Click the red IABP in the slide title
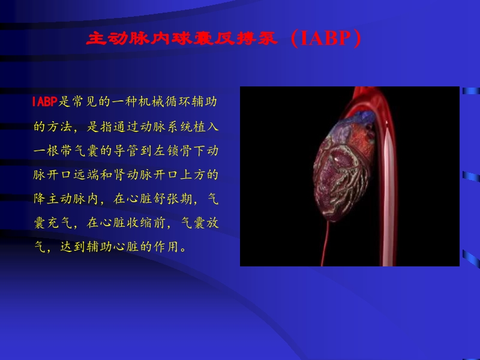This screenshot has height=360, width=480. (326, 40)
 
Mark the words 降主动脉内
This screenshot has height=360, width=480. (66, 199)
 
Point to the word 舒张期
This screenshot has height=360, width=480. (175, 199)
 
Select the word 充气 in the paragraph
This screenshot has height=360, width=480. (59, 223)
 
